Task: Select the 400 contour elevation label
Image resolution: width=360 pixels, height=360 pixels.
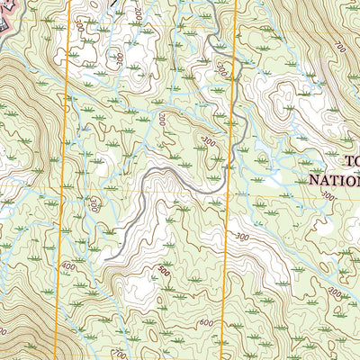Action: pyautogui.click(x=69, y=266)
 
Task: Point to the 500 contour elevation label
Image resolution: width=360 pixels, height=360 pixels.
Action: pyautogui.click(x=162, y=271)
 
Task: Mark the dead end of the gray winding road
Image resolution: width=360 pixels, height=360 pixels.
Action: pyautogui.click(x=106, y=259)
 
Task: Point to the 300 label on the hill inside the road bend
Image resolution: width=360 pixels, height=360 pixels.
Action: pyautogui.click(x=209, y=141)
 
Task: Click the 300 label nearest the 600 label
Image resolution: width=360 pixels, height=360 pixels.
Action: pyautogui.click(x=240, y=236)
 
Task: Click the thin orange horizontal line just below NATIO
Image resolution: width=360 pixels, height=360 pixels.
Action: pyautogui.click(x=297, y=191)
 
